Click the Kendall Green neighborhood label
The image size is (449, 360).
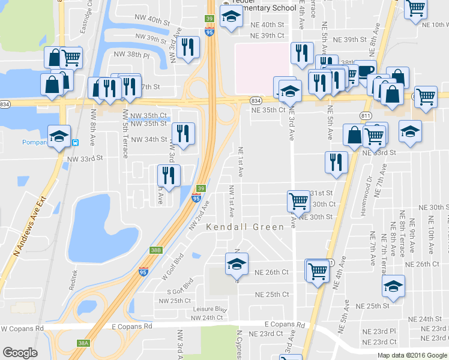point(245,227)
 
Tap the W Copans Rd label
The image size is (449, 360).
point(23,329)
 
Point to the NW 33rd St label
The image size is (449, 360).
point(85,159)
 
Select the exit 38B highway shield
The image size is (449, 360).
point(156,250)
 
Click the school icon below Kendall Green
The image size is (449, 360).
point(237,263)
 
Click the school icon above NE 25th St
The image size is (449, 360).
point(394,286)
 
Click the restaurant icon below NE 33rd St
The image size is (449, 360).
point(336,160)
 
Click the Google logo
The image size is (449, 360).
point(20,353)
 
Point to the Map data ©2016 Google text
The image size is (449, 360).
point(412,355)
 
